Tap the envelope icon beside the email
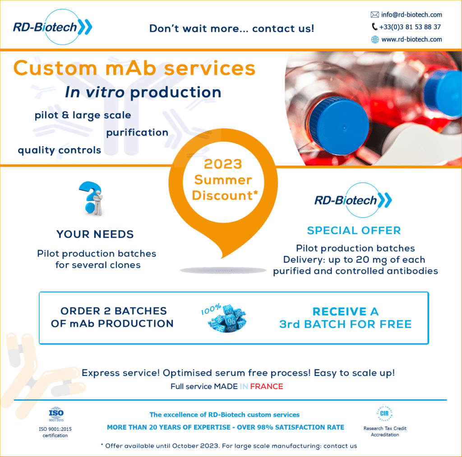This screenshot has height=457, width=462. click(374, 15)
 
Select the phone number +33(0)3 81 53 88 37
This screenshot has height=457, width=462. click(410, 27)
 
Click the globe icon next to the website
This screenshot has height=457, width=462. click(374, 39)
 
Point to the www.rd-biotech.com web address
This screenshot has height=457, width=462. click(411, 39)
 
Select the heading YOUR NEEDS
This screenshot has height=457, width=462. click(95, 234)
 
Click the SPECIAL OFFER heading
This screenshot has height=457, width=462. click(354, 230)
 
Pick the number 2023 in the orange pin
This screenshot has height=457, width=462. click(223, 164)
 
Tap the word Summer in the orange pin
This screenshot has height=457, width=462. click(223, 180)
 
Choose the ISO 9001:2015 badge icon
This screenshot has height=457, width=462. click(56, 414)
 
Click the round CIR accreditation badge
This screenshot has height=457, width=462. click(384, 413)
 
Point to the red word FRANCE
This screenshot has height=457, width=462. click(267, 386)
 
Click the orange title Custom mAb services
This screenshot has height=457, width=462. click(134, 68)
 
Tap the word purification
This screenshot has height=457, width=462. click(137, 133)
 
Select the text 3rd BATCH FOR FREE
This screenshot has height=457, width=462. click(345, 324)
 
